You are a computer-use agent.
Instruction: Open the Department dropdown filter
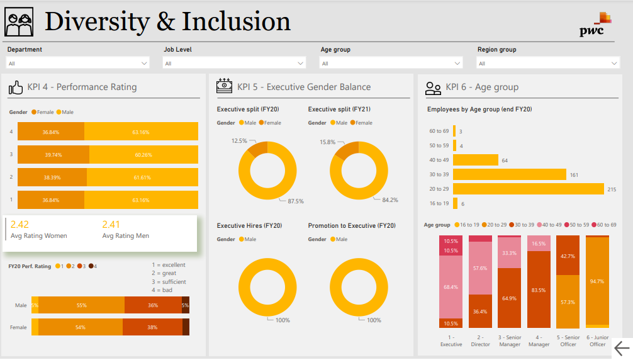point(78,63)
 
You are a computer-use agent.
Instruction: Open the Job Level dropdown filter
point(235,63)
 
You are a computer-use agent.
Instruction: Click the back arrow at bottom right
point(621,348)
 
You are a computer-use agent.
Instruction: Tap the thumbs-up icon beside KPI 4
point(16,87)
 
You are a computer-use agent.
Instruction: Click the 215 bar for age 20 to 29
point(529,189)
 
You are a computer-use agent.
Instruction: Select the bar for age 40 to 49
point(476,160)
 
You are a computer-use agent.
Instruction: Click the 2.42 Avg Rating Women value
point(20,225)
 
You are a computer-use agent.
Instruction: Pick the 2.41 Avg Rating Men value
point(111,225)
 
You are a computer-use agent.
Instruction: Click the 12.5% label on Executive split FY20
point(239,141)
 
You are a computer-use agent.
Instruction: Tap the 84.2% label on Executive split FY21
point(390,200)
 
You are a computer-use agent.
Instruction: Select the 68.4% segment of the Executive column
point(451,287)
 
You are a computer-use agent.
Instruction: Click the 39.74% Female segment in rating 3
point(53,155)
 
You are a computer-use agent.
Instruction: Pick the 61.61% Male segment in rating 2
point(142,177)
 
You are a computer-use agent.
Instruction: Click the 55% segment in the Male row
point(81,305)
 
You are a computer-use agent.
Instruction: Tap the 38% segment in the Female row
point(152,327)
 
